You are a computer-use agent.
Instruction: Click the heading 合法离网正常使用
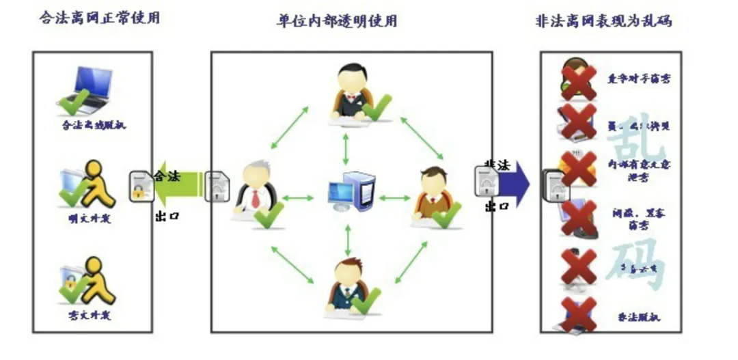[x=100, y=18]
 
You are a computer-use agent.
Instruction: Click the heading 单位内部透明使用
[x=337, y=20]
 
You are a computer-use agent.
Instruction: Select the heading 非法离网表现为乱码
[x=603, y=20]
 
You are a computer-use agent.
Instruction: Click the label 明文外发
[x=90, y=219]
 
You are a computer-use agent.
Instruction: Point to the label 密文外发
[x=90, y=315]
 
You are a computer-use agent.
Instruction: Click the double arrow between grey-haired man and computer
[x=297, y=198]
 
